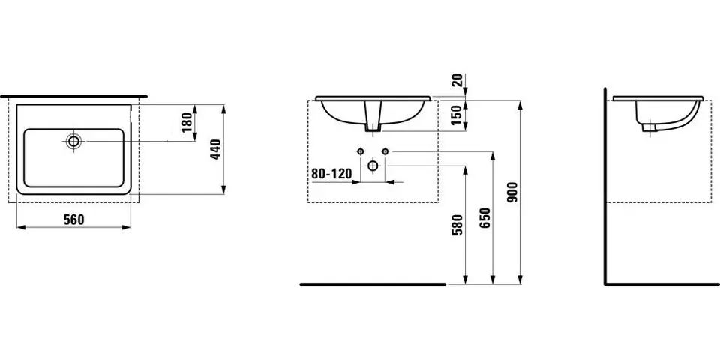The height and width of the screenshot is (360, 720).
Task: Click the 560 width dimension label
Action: (x=74, y=220)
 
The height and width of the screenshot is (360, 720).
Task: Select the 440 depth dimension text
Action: (x=216, y=149)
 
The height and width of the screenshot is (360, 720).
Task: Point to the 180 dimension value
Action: (x=187, y=122)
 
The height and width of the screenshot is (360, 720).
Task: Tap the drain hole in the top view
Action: (x=73, y=141)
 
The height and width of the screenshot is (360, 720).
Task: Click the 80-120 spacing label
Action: (x=331, y=173)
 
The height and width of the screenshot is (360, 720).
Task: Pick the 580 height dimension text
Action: (x=457, y=224)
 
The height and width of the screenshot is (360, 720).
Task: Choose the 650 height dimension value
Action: (x=486, y=218)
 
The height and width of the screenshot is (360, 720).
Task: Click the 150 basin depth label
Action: (x=456, y=115)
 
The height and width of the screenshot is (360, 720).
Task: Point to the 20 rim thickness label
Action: (x=457, y=80)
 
